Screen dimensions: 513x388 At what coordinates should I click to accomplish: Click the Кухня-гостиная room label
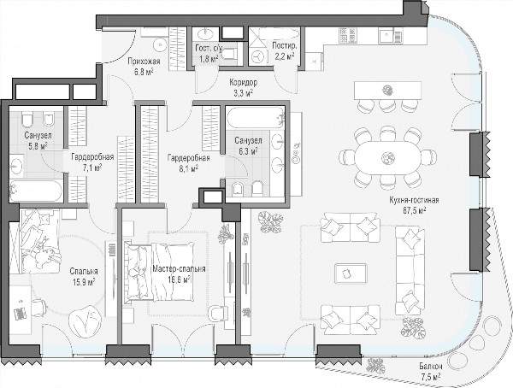(414, 200)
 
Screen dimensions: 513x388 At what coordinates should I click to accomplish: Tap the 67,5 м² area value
(414, 209)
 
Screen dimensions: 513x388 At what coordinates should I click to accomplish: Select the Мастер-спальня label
(179, 269)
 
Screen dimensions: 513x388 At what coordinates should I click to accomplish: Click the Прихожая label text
(144, 62)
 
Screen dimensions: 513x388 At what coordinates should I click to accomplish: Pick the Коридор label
(243, 82)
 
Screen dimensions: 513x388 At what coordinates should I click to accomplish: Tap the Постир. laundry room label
(285, 46)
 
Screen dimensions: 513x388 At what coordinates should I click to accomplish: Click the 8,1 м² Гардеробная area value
(188, 168)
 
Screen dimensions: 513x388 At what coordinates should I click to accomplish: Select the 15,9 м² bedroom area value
(84, 281)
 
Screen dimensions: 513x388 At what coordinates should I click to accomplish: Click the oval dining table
(387, 158)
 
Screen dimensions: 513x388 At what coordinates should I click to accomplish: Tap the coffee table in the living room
(351, 273)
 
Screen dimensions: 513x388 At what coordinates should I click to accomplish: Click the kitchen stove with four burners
(348, 35)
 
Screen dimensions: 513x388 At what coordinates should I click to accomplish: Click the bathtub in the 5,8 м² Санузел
(36, 191)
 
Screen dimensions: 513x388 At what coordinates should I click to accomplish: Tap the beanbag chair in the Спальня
(85, 320)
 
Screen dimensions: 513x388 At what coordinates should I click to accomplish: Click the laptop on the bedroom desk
(21, 314)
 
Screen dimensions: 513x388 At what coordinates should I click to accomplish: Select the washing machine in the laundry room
(258, 56)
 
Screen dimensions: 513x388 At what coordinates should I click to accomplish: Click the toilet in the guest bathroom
(229, 54)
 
